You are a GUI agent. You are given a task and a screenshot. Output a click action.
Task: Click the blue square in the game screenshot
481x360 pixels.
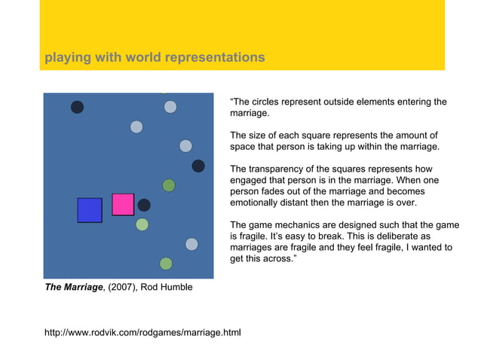tap(90, 210)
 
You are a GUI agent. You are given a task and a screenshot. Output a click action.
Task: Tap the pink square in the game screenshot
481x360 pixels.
tap(123, 204)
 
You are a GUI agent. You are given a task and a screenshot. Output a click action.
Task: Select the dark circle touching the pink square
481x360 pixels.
tap(144, 205)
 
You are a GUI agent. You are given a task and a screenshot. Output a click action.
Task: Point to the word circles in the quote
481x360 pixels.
tap(270, 102)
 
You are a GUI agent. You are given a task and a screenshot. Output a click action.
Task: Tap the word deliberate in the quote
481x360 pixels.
tap(383, 236)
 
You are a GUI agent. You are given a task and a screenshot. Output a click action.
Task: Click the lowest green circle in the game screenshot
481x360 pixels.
tap(166, 264)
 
